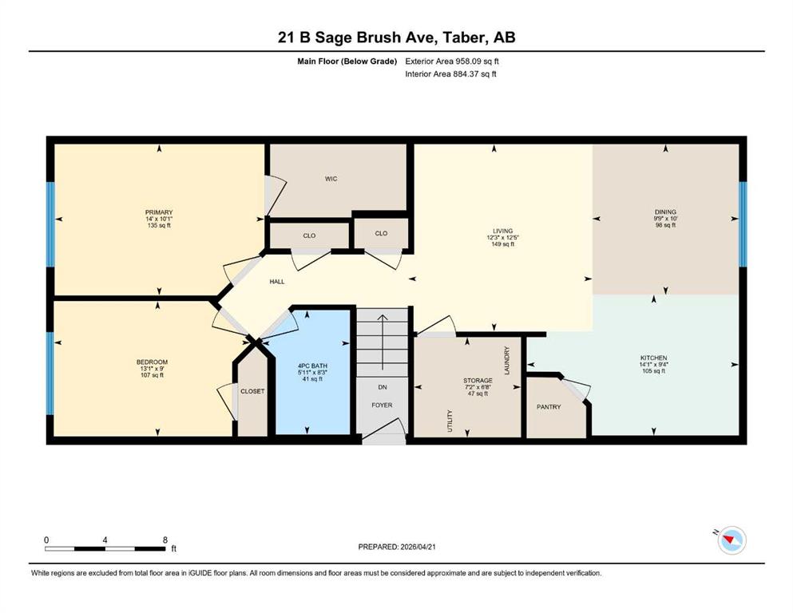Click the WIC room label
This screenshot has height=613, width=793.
[x=331, y=179]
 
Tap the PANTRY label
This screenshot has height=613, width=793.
[x=549, y=407]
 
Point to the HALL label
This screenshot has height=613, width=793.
[x=277, y=282]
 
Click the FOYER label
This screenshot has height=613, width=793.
[x=382, y=405]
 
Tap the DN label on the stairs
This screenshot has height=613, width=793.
[x=383, y=387]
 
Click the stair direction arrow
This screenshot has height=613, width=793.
[x=383, y=342]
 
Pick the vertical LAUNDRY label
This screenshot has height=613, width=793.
[x=507, y=360]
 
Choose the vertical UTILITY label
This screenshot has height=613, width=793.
[x=450, y=421]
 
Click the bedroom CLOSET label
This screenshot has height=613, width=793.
[x=252, y=391]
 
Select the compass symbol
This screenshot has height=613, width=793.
[x=731, y=540]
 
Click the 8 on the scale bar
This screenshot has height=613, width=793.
[x=165, y=540]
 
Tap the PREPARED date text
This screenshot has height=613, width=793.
[x=397, y=547]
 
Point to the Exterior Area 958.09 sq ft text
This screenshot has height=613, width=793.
[x=452, y=61]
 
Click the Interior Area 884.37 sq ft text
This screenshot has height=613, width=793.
[x=450, y=73]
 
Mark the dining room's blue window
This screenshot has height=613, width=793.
[x=743, y=223]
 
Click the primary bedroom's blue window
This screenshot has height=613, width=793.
[x=50, y=223]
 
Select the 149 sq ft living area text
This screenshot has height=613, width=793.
[x=502, y=244]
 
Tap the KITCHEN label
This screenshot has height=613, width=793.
[x=653, y=358]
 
